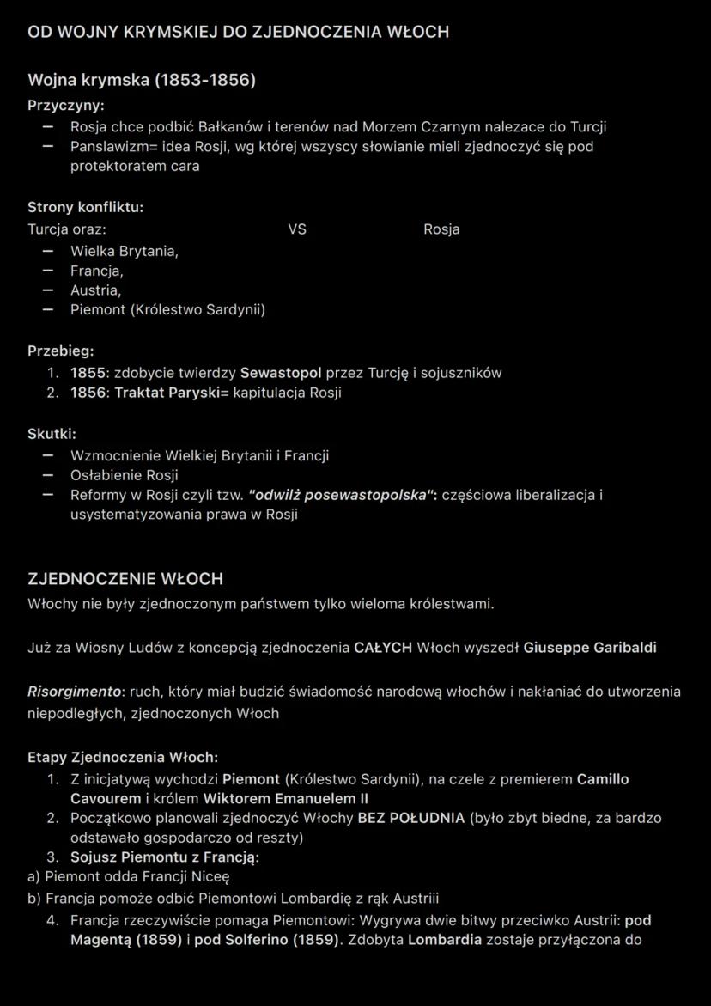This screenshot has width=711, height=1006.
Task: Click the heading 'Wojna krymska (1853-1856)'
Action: coord(142,80)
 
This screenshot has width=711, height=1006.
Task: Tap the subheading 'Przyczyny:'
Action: coord(66,106)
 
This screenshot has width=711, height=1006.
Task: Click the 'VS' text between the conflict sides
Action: coord(297,229)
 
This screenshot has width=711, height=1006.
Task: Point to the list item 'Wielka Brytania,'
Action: coord(125,251)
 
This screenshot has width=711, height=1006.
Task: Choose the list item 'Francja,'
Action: coord(97,271)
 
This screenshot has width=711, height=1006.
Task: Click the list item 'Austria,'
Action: coord(95,290)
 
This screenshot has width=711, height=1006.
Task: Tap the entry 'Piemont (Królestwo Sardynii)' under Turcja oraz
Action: coord(167,309)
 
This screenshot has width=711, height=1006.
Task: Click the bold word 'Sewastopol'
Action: coord(281,373)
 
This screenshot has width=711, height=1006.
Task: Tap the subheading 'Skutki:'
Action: coord(52,434)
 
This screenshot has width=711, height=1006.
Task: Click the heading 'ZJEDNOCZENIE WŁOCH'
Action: coord(125,579)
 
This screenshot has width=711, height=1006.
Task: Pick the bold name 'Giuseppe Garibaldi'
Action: coord(590,648)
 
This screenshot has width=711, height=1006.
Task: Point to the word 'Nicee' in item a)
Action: coord(210,877)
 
